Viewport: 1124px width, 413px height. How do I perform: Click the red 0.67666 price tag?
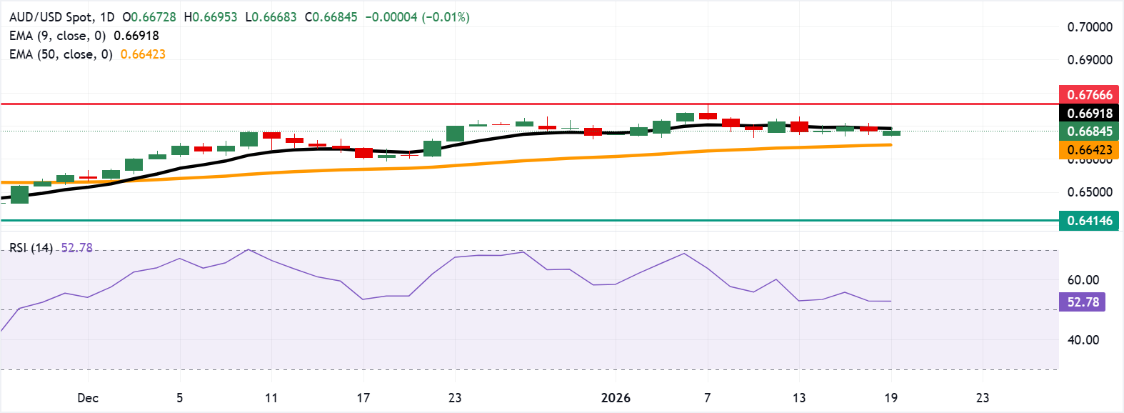click(x=1089, y=94)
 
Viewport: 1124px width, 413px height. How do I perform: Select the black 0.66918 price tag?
click(x=1089, y=113)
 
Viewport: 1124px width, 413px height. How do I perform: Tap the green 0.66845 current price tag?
click(x=1089, y=131)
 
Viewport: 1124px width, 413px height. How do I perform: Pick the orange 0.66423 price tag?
click(x=1089, y=150)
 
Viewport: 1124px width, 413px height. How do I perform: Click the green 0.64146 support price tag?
click(x=1089, y=221)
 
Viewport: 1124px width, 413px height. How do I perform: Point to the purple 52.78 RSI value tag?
click(x=1083, y=302)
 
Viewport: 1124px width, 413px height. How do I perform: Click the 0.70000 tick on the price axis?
click(x=1090, y=27)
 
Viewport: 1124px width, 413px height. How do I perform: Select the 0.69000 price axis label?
click(x=1090, y=60)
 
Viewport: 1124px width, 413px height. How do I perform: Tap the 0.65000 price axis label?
click(x=1090, y=192)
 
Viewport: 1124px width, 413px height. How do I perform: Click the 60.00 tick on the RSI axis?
click(x=1083, y=280)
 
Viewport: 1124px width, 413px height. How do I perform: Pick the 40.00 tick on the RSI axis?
click(x=1083, y=340)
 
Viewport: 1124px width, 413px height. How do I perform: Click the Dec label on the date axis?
click(x=88, y=398)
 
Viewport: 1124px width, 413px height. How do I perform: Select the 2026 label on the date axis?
click(x=616, y=398)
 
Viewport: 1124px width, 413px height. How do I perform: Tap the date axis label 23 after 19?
click(x=983, y=398)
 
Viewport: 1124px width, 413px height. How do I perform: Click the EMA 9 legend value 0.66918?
click(x=136, y=36)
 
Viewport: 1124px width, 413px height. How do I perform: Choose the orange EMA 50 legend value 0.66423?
click(x=143, y=54)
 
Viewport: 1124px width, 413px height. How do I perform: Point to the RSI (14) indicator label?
click(x=31, y=248)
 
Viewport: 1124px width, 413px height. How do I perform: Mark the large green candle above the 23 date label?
click(x=455, y=134)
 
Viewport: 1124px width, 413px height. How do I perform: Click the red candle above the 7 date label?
click(x=708, y=115)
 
